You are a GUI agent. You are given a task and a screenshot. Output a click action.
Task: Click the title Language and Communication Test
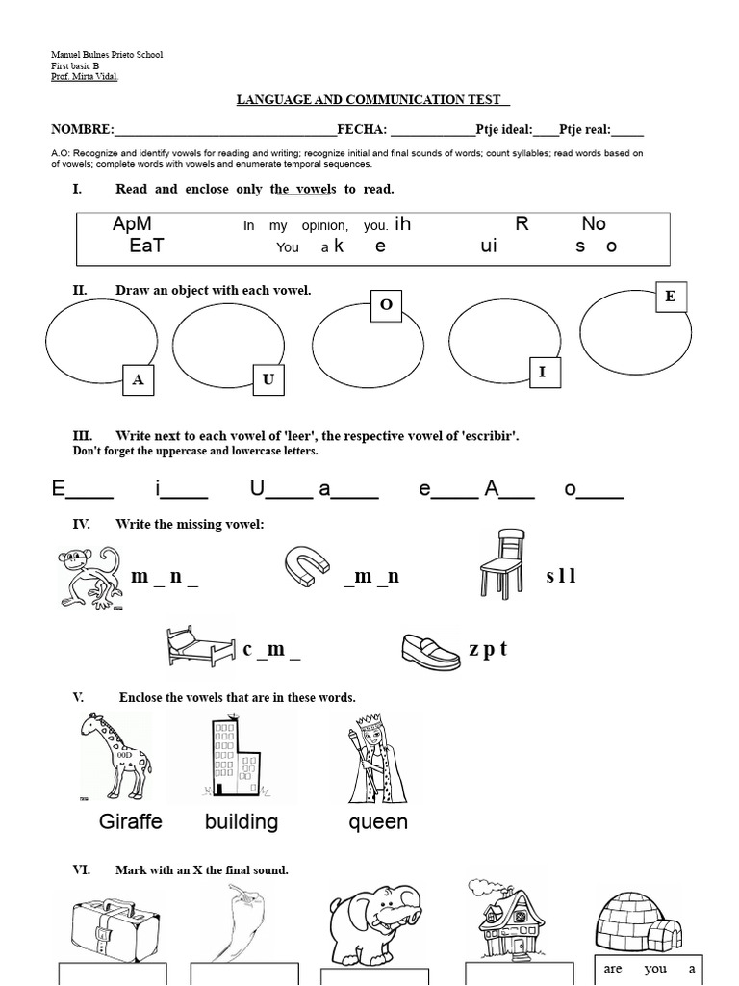point(371,100)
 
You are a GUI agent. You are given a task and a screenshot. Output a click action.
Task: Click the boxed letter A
point(139,380)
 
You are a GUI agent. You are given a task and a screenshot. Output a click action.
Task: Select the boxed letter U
point(268,379)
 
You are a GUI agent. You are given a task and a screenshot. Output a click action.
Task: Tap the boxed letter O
point(387,304)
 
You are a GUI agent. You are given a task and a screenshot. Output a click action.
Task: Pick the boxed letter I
point(543,372)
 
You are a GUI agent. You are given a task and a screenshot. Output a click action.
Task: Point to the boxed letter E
point(670,297)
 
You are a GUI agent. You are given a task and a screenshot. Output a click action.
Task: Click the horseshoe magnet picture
point(309,566)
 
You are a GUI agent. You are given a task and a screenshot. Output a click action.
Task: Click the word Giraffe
point(131,821)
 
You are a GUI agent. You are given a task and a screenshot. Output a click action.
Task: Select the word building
point(242,821)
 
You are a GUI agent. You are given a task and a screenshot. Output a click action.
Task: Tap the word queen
point(378,821)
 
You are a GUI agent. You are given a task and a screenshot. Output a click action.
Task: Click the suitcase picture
point(111,928)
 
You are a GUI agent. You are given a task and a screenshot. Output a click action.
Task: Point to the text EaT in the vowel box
point(146,246)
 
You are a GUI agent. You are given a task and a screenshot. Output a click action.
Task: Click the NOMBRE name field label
point(82,130)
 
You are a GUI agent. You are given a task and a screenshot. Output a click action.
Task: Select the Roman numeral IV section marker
point(81,524)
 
